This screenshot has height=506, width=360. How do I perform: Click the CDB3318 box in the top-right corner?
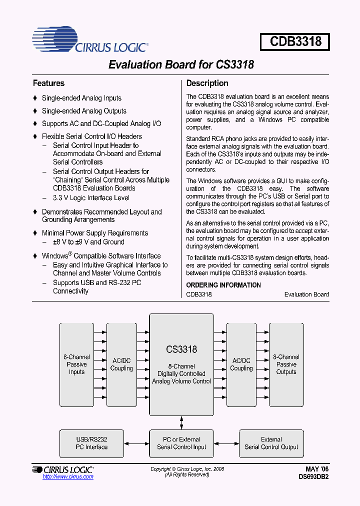click(x=295, y=41)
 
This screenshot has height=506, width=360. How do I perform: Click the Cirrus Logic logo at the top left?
click(x=90, y=41)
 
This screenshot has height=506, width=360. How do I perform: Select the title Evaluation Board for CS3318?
click(x=181, y=65)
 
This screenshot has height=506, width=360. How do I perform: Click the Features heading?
click(x=48, y=83)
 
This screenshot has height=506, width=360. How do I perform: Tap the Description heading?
click(x=207, y=83)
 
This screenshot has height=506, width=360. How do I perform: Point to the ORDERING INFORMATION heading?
click(x=223, y=285)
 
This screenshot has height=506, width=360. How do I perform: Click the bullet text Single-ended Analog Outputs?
click(x=84, y=111)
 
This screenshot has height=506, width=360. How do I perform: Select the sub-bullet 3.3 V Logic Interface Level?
click(x=91, y=198)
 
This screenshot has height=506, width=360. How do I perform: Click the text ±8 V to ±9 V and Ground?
click(x=88, y=242)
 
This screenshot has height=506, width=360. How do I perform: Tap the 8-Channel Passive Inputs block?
click(x=76, y=364)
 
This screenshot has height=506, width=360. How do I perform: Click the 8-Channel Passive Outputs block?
click(x=286, y=364)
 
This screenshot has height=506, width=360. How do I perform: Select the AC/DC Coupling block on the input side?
click(x=121, y=364)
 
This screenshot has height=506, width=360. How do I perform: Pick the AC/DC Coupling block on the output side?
click(x=241, y=364)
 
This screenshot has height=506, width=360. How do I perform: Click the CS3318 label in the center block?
click(x=181, y=349)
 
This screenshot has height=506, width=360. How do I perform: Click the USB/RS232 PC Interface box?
click(x=91, y=443)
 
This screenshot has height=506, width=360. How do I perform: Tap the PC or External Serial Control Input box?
click(x=181, y=443)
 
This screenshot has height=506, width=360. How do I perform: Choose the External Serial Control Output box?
click(x=271, y=443)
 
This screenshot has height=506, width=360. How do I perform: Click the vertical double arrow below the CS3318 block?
click(x=181, y=422)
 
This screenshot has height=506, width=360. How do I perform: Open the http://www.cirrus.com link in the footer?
click(x=68, y=477)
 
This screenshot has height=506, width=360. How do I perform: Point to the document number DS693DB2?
click(x=312, y=476)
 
